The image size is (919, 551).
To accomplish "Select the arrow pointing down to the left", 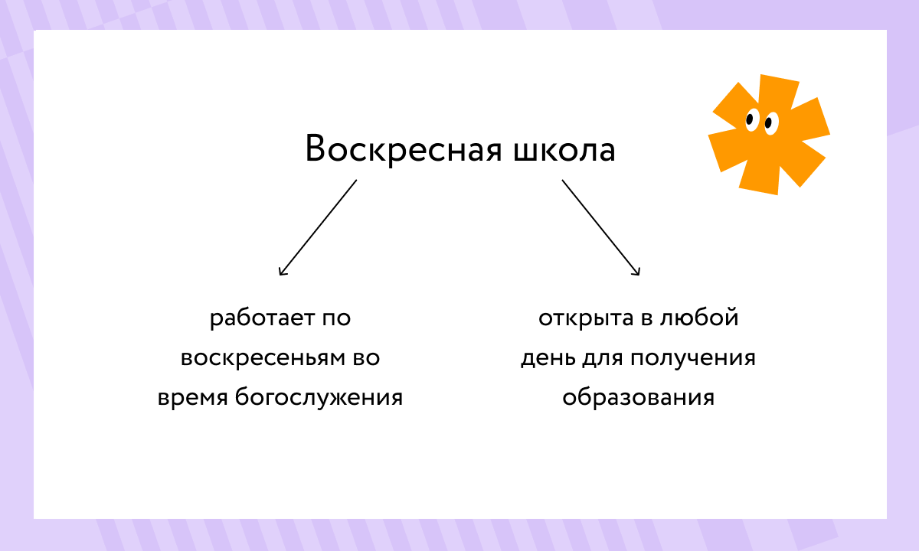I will click(x=318, y=227).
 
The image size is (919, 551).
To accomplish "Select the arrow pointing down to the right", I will click(x=601, y=227).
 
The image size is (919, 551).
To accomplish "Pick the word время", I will click(x=192, y=398).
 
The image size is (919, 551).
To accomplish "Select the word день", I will click(x=546, y=358).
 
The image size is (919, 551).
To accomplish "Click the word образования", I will click(x=638, y=398).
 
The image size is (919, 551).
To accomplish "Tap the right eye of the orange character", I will click(x=770, y=122).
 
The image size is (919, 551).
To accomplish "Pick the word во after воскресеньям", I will click(x=365, y=358).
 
